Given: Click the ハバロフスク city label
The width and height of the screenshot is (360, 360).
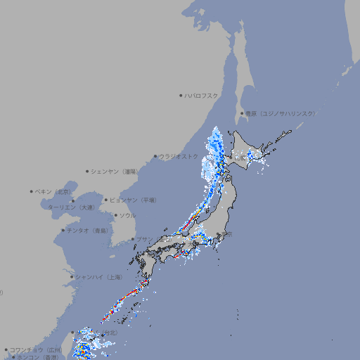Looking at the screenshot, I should point(202,95).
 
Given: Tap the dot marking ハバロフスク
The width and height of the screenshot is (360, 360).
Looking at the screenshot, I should point(181,95).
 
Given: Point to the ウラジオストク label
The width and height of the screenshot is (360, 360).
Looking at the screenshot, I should point(179,157).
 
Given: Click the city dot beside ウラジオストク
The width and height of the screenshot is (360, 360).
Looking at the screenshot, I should point(155,157).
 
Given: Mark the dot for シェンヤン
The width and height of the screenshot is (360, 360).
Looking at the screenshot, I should point(87,171).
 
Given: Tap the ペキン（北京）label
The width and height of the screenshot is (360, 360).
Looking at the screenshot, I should point(54,191).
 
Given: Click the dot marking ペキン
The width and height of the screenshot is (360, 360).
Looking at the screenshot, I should point(32,191).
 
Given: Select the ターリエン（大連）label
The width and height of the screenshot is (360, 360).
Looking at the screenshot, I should point(71,207).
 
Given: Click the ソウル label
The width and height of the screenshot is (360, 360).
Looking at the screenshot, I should point(127,215).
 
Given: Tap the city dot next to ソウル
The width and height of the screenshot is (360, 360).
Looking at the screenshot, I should point(115,215).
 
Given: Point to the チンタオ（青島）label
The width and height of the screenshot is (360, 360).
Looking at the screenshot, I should point(87,230).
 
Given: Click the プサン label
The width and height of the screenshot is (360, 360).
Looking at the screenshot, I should point(144,239).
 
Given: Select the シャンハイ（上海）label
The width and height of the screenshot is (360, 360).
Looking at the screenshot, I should point(99,277).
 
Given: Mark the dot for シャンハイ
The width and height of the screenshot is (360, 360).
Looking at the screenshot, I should point(72,277).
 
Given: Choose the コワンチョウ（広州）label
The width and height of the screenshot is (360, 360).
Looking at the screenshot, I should point(36,349).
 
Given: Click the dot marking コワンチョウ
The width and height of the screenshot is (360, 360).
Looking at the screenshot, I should point(6,349).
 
